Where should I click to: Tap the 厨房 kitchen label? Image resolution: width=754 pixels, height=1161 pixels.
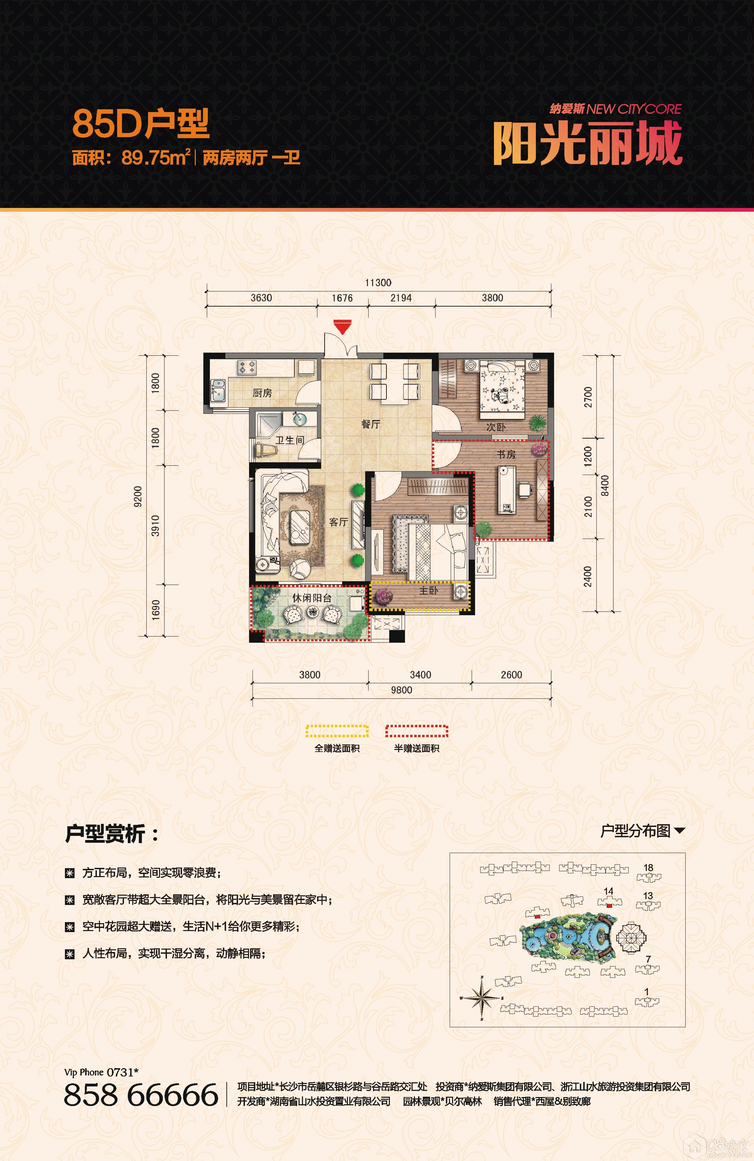[262, 393]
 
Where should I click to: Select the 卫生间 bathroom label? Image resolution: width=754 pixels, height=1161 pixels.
[290, 440]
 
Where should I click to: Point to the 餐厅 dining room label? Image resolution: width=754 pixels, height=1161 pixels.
[371, 424]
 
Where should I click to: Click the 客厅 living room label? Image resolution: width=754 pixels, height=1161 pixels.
[338, 522]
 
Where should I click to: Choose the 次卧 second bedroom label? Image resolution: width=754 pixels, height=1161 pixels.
[496, 427]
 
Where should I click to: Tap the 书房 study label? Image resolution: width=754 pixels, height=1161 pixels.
[506, 454]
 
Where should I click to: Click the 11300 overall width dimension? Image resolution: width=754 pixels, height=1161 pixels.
[378, 283]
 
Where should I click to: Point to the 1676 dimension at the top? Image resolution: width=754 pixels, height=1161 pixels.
[342, 298]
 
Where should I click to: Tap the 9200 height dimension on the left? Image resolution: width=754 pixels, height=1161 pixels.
[138, 497]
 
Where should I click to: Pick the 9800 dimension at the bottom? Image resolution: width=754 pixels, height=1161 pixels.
[402, 690]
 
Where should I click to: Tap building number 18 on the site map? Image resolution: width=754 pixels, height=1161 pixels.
[648, 867]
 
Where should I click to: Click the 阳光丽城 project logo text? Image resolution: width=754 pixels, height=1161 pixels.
[588, 143]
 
